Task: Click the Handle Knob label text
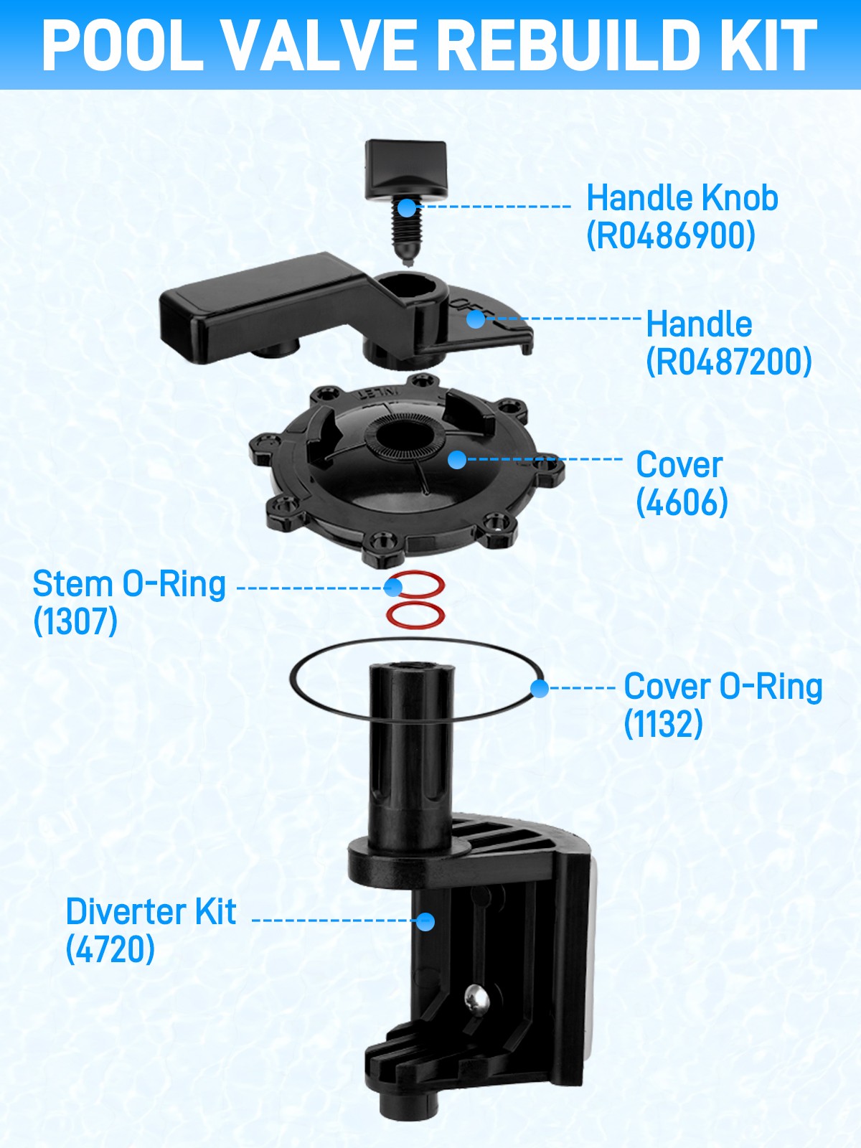point(682,198)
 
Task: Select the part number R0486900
point(671,235)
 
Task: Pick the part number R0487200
point(729,362)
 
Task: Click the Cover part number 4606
point(682,502)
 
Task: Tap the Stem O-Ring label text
point(129,584)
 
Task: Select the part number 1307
point(75,621)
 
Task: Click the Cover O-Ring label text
point(723,687)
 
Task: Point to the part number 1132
point(663,724)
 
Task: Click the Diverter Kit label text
point(151,912)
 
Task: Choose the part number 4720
point(110,950)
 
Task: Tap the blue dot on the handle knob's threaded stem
point(407,208)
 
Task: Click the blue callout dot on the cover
point(457,459)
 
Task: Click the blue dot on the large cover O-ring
point(540,689)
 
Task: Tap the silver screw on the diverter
point(475,996)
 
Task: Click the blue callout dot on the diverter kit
point(425,921)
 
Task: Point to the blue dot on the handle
point(476,319)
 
